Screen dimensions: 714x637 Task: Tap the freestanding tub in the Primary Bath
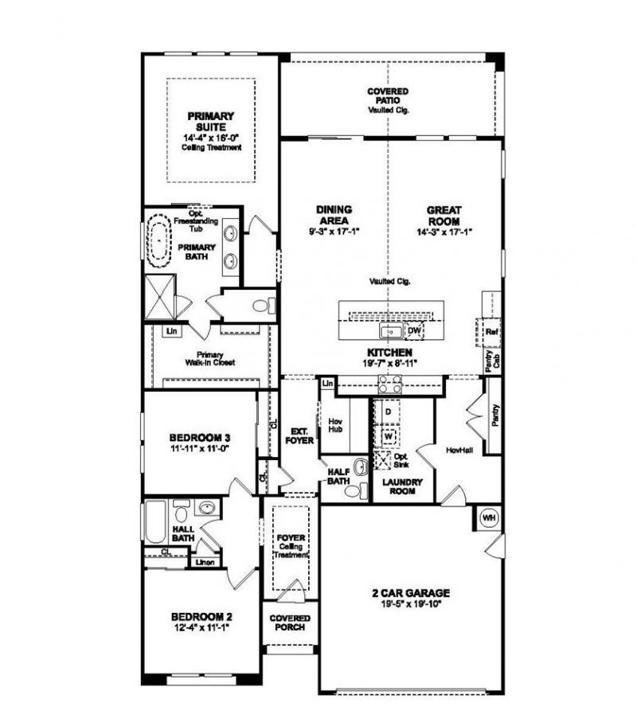pyautogui.click(x=159, y=243)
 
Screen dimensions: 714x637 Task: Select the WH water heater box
pyautogui.click(x=488, y=518)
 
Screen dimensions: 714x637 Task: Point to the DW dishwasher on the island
pyautogui.click(x=413, y=330)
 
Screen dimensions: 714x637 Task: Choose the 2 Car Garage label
pyautogui.click(x=411, y=592)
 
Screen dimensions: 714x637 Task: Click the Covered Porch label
pyautogui.click(x=289, y=622)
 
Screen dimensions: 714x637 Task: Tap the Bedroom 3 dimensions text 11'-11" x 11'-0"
pyautogui.click(x=200, y=450)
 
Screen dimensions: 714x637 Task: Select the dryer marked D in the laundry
pyautogui.click(x=388, y=412)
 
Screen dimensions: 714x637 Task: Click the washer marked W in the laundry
pyautogui.click(x=388, y=436)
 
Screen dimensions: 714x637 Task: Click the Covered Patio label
pyautogui.click(x=388, y=96)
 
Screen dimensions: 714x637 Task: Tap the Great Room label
pyautogui.click(x=444, y=216)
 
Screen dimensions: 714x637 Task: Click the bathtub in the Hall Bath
pyautogui.click(x=156, y=521)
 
